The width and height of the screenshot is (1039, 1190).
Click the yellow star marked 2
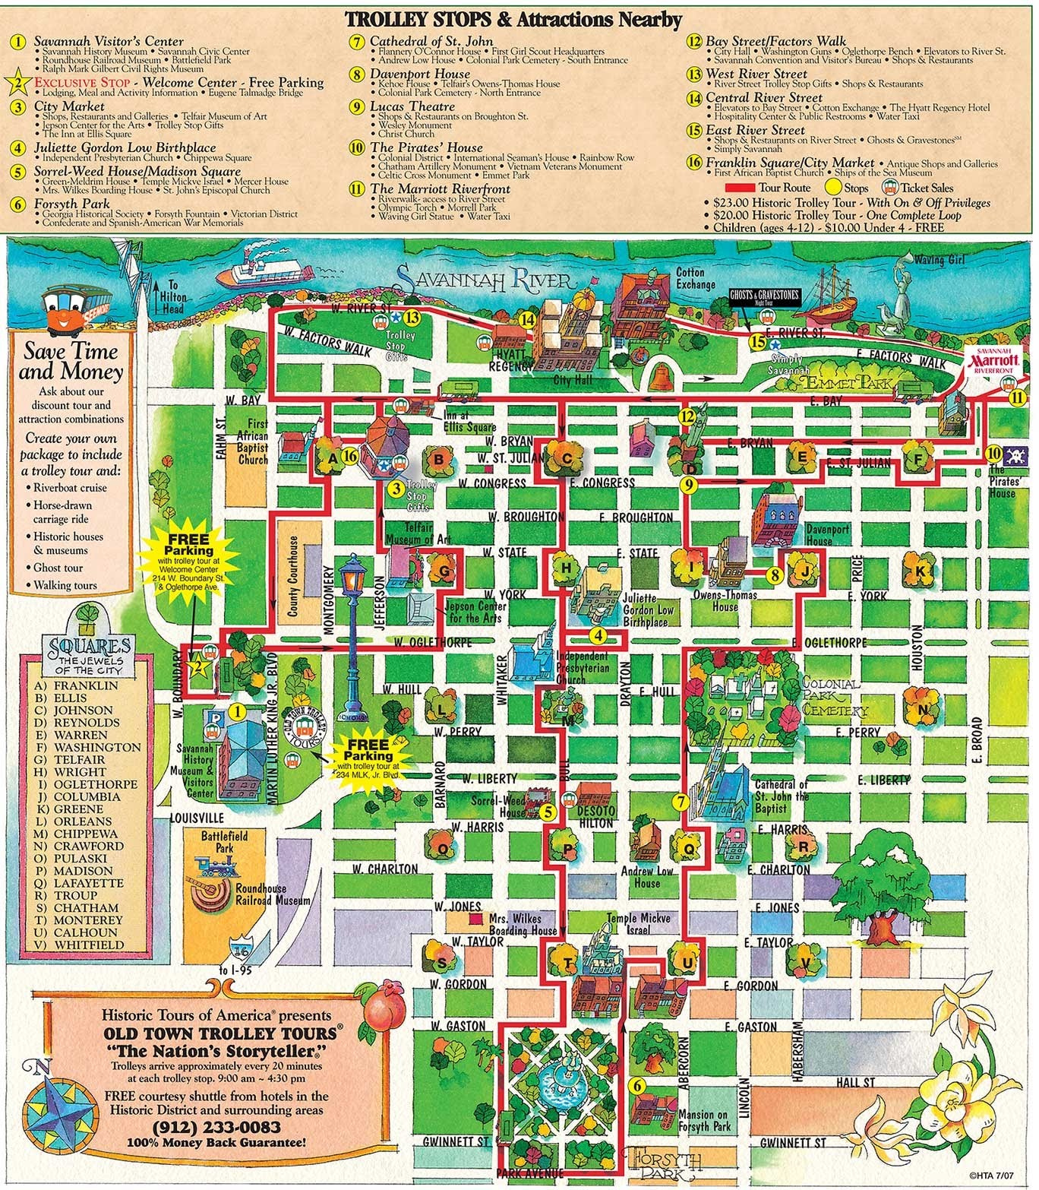tap(197, 667)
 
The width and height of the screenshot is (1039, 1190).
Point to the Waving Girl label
tap(939, 260)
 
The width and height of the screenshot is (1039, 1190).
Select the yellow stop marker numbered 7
tap(681, 801)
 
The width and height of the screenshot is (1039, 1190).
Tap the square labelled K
tap(921, 571)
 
